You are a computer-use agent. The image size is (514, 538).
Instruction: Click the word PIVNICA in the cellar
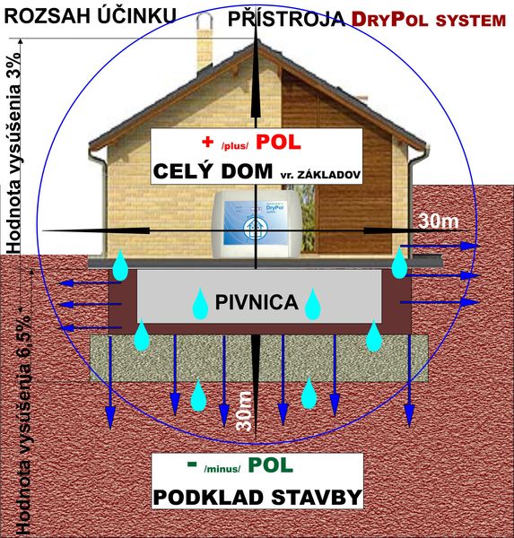pyautogui.click(x=257, y=302)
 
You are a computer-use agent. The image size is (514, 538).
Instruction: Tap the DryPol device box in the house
pyautogui.click(x=257, y=224)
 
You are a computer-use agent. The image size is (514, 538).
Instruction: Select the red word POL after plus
pyautogui.click(x=278, y=142)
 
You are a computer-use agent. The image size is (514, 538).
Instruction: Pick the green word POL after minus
pyautogui.click(x=271, y=465)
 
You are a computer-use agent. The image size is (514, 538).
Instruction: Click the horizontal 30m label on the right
pyautogui.click(x=439, y=221)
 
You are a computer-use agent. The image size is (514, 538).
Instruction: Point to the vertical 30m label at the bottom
pyautogui.click(x=244, y=411)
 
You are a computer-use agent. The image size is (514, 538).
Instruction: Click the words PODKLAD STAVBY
pyautogui.click(x=257, y=497)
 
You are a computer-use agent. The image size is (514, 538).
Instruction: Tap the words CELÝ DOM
pyautogui.click(x=213, y=171)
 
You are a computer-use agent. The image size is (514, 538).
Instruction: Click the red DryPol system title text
pyautogui.click(x=429, y=20)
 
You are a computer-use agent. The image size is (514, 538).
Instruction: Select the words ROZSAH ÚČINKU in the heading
pyautogui.click(x=91, y=16)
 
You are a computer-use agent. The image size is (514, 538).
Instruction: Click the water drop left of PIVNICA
pyautogui.click(x=200, y=304)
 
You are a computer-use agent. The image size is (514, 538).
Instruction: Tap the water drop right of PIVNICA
pyautogui.click(x=313, y=304)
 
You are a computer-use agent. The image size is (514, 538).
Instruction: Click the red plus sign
pyautogui.click(x=208, y=142)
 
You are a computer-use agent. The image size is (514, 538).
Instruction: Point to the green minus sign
pyautogui.click(x=192, y=464)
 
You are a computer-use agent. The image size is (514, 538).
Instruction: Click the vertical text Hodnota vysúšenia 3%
pyautogui.click(x=13, y=152)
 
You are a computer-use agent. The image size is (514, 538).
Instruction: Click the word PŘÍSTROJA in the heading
pyautogui.click(x=287, y=18)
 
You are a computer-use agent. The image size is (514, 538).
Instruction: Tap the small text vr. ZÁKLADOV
pyautogui.click(x=321, y=174)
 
